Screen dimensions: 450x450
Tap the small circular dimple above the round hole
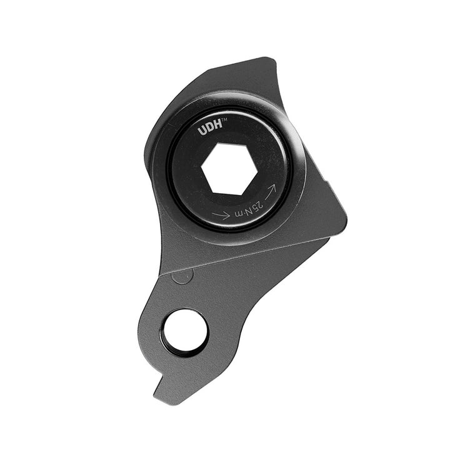click(181, 277)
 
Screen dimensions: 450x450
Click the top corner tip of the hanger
click(272, 59)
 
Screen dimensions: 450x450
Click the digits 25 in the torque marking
click(256, 203)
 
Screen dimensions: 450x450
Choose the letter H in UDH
click(217, 130)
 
